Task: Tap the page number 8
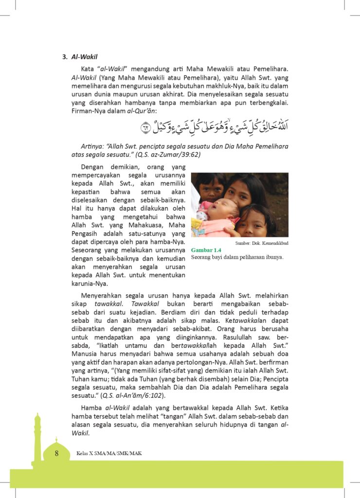pos(57,453)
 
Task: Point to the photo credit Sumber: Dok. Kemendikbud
pos(261,242)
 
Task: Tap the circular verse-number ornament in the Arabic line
pos(146,128)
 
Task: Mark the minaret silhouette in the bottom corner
pos(37,440)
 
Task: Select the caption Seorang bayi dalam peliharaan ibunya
pos(237,257)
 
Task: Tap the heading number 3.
pos(64,56)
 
